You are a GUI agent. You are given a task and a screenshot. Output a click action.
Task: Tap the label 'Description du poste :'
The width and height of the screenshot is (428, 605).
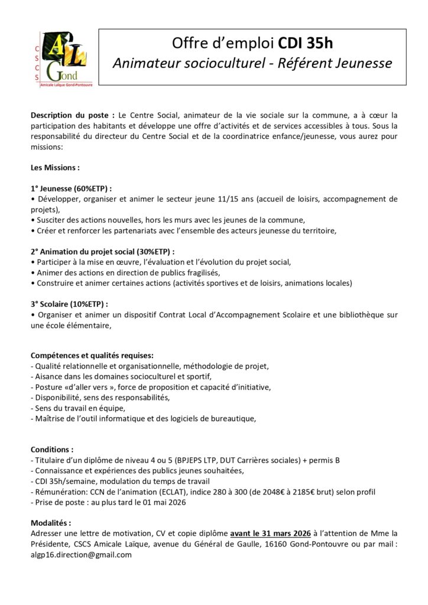coord(73,115)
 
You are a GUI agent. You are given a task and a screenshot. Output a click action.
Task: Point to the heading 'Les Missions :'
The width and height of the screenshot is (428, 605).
coord(55,167)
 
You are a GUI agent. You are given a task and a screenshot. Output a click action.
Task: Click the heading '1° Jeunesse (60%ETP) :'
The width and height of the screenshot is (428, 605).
coord(71,188)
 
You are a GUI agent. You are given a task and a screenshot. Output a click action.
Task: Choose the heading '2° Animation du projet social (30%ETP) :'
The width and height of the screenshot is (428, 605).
coord(102,251)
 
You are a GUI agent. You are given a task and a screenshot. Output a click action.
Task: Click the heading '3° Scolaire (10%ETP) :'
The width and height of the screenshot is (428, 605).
coord(69,304)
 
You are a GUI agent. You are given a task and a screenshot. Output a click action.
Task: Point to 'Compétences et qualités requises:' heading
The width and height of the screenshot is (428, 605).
coord(92,356)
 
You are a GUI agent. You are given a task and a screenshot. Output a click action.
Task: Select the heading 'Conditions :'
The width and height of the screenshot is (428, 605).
coord(52,449)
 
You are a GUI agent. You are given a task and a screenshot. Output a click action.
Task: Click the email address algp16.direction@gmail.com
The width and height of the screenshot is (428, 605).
coord(81,554)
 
